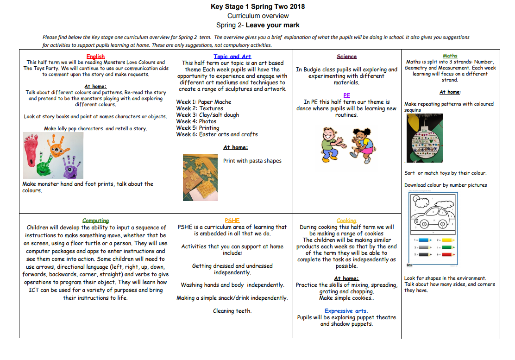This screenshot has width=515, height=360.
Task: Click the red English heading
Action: [95, 57]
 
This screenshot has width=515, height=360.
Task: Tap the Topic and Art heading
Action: [232, 57]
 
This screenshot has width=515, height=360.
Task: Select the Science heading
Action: [346, 57]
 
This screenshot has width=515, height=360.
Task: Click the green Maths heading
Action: [450, 56]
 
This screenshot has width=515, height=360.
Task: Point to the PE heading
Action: [346, 95]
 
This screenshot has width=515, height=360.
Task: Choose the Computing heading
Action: [95, 221]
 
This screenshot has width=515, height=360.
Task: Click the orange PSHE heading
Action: [232, 221]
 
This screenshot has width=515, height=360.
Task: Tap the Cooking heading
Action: [346, 221]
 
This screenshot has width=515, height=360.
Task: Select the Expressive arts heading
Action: [346, 311]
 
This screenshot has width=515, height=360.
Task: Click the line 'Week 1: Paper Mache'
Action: [203, 102]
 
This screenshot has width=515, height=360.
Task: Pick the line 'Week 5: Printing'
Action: [198, 128]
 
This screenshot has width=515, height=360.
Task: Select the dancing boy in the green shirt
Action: [332, 145]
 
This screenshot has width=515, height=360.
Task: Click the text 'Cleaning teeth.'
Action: [232, 311]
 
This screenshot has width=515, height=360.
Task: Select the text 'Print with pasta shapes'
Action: [252, 161]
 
